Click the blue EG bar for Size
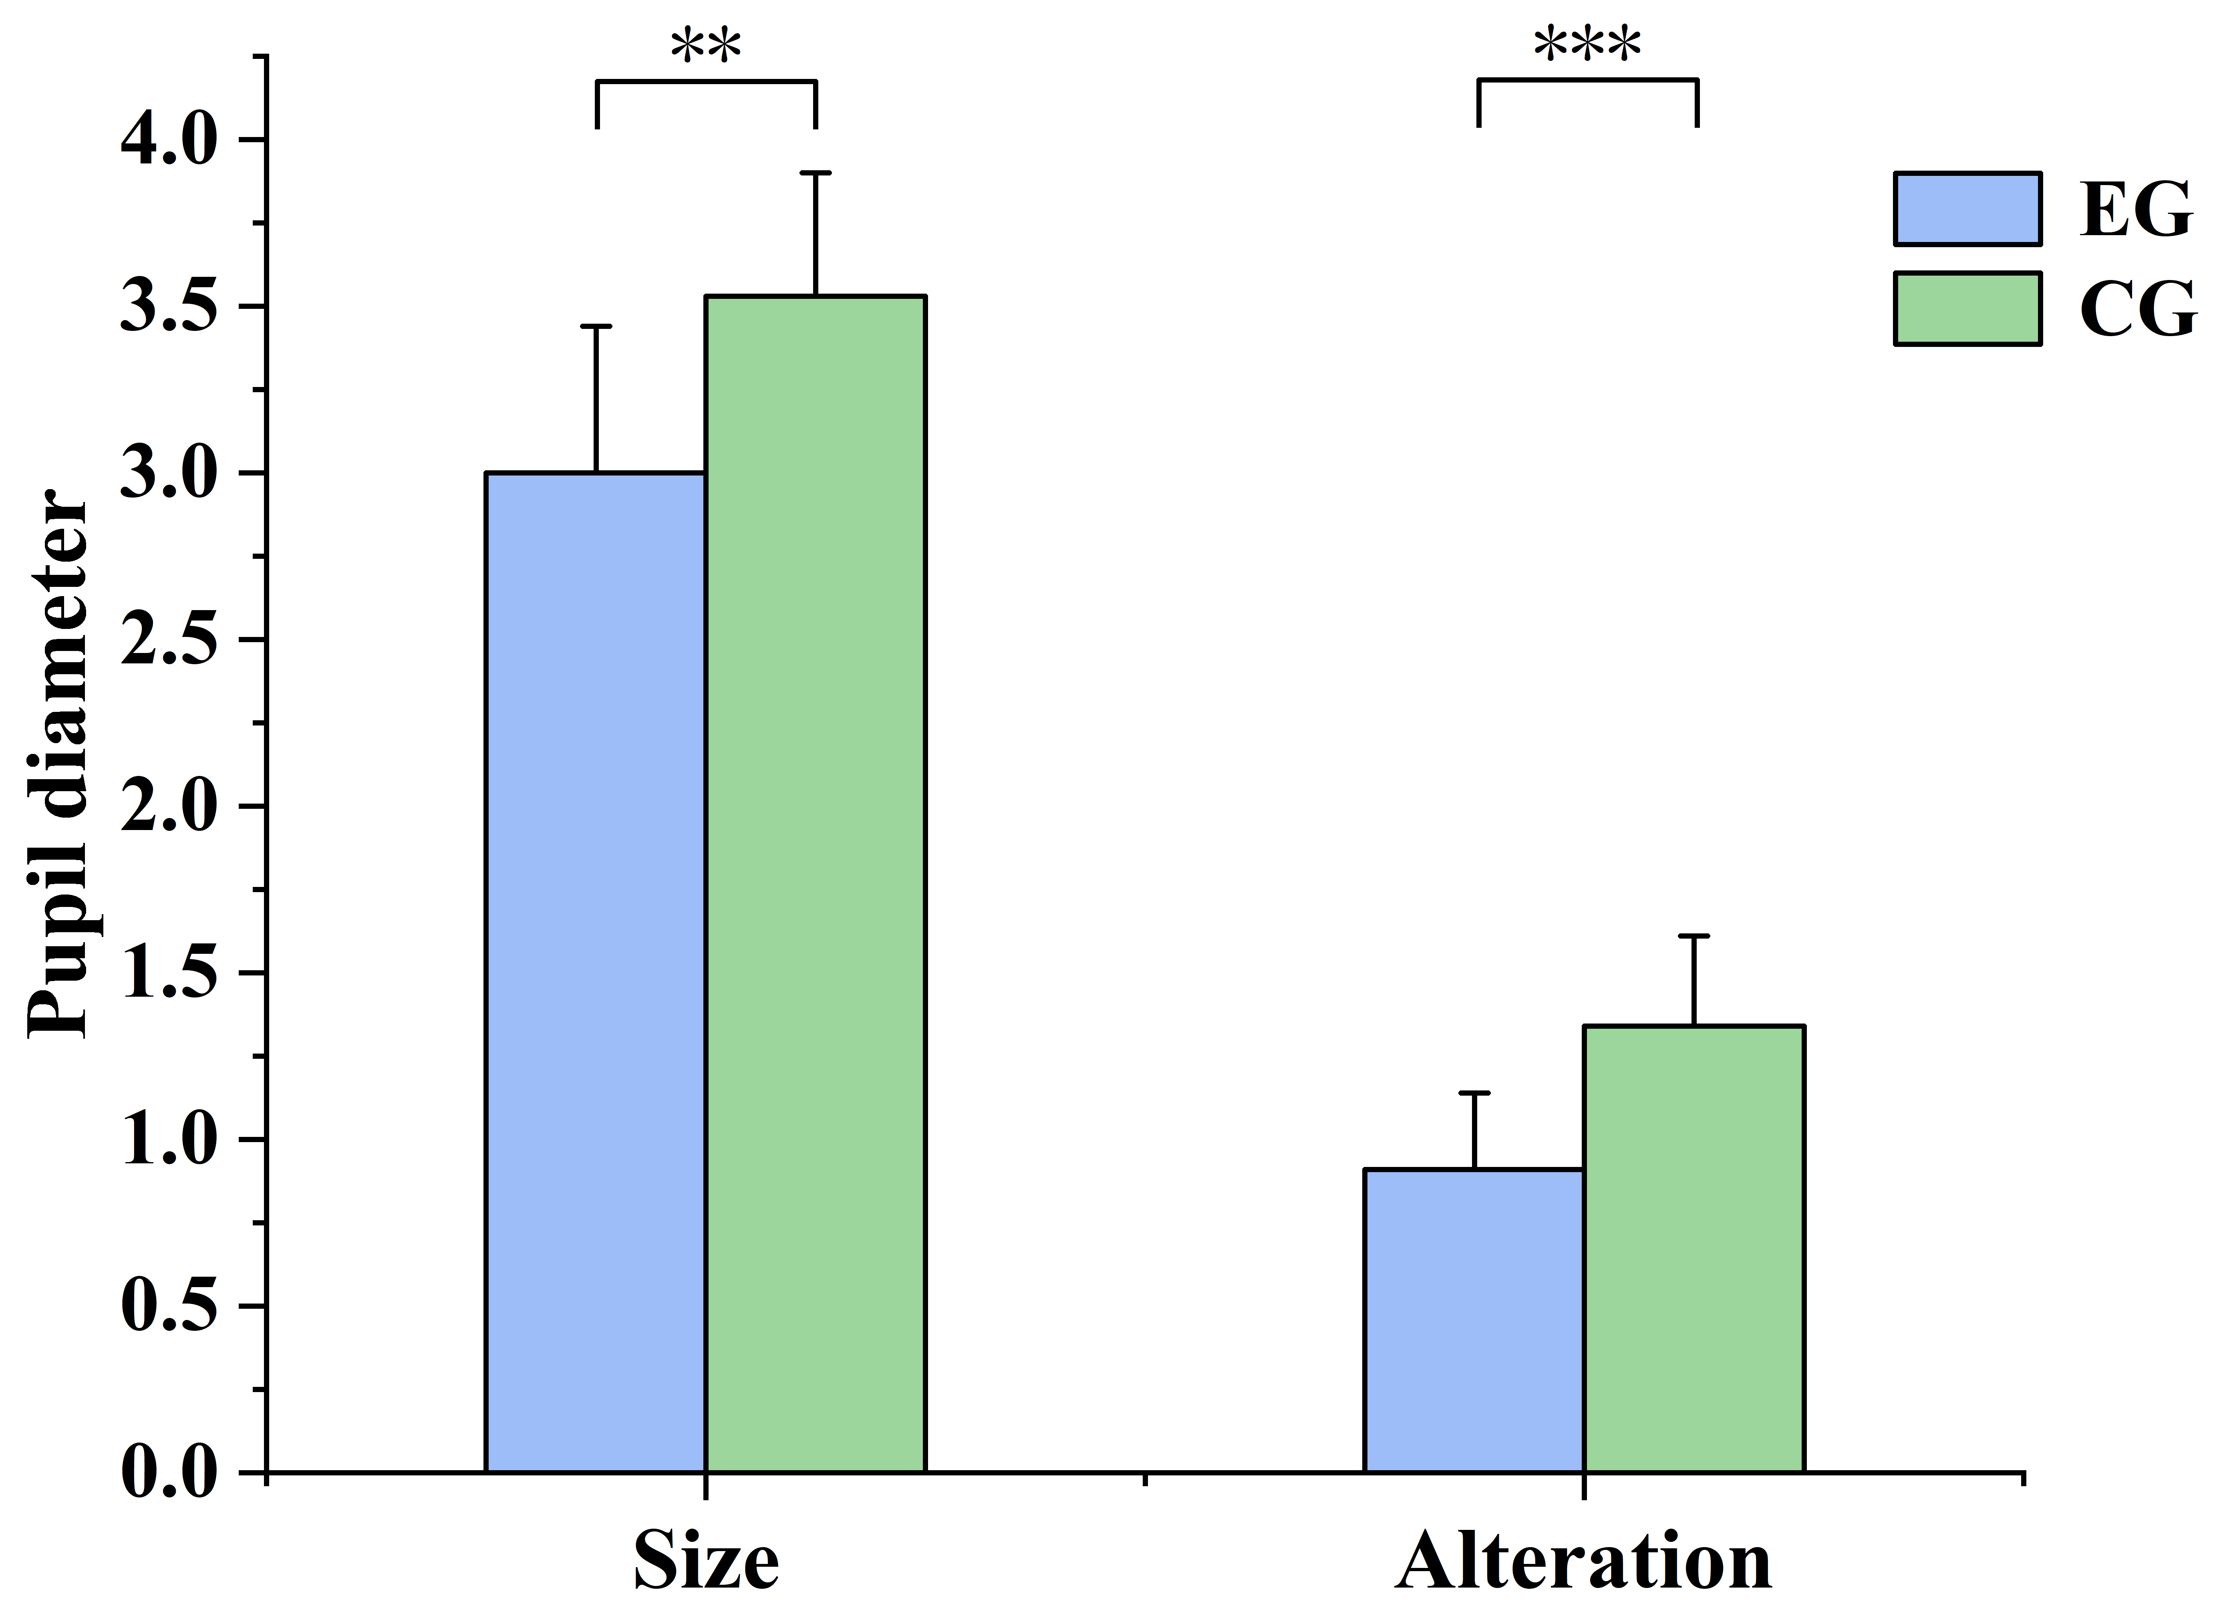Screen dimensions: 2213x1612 [595, 972]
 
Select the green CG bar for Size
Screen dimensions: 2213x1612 [816, 883]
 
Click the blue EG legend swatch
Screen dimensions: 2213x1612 [1967, 209]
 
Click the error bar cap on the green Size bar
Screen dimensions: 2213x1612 [816, 173]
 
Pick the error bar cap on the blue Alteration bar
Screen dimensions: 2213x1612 [1474, 1093]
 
